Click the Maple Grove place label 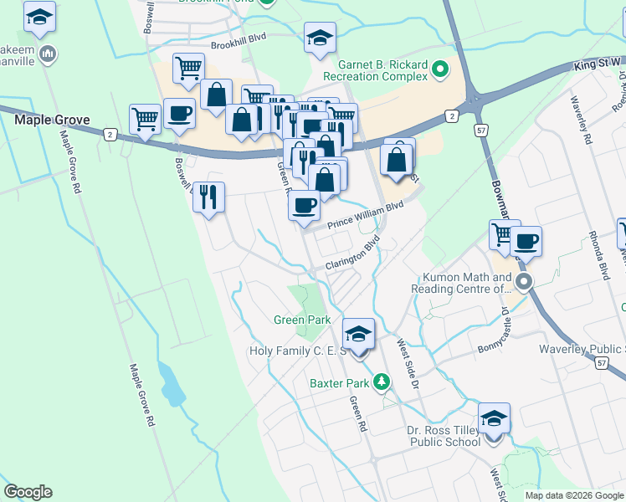coord(52,120)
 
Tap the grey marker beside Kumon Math coord(524,281)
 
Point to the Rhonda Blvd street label coord(598,255)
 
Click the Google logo coord(28,492)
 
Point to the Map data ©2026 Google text coord(574,495)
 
